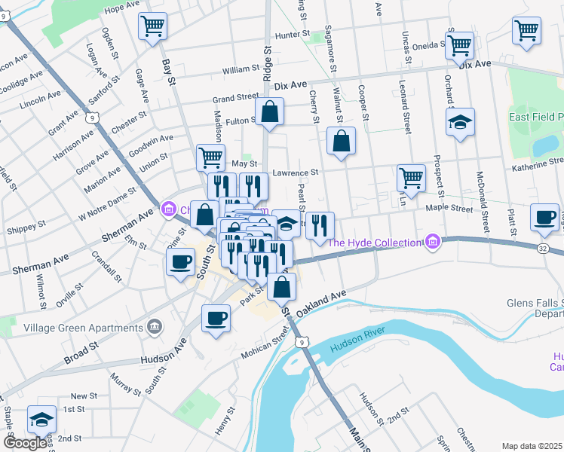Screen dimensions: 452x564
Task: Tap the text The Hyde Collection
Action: pyautogui.click(x=375, y=243)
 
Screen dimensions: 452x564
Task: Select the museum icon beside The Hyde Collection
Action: pyautogui.click(x=432, y=243)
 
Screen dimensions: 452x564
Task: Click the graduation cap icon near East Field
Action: pyautogui.click(x=459, y=122)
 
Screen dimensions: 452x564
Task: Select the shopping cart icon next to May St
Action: pyautogui.click(x=210, y=157)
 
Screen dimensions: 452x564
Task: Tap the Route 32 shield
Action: pyautogui.click(x=543, y=247)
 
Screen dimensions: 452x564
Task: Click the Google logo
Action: pyautogui.click(x=25, y=443)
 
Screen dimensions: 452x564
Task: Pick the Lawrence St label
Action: pyautogui.click(x=296, y=172)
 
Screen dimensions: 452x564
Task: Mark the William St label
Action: pyautogui.click(x=241, y=69)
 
